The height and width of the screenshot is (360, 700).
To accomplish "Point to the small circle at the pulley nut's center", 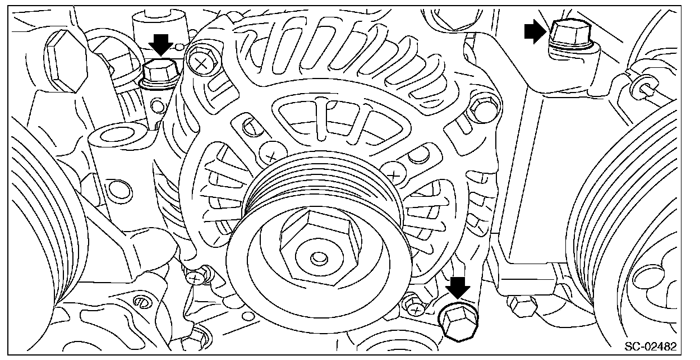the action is (x=318, y=259).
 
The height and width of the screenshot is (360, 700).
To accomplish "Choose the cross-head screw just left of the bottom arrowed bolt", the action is (x=415, y=307).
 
